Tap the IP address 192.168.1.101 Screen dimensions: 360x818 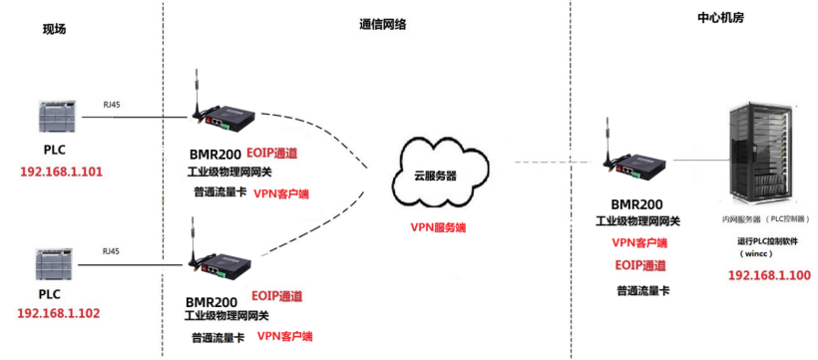tap(62, 172)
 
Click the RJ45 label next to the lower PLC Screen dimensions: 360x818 tap(114, 249)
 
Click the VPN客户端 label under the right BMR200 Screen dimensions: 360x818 tap(639, 242)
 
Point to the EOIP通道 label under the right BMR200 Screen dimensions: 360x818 tap(639, 265)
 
